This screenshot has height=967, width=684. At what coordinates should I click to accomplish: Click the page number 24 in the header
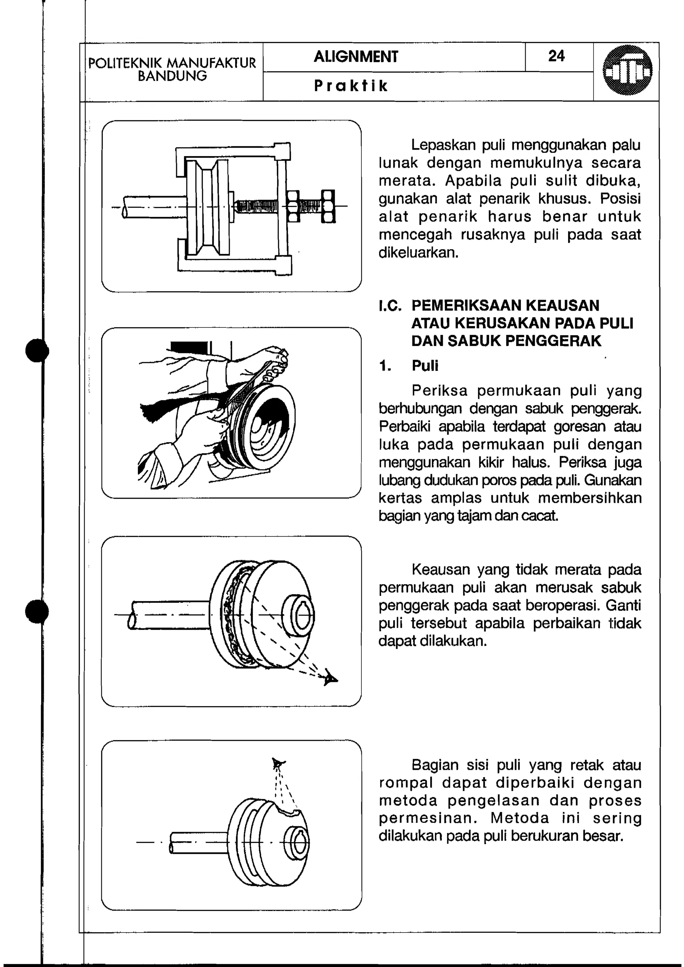556,56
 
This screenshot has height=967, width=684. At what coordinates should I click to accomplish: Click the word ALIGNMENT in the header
356,57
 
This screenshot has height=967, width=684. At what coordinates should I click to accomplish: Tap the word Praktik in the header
350,86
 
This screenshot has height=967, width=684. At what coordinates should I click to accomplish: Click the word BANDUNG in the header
172,76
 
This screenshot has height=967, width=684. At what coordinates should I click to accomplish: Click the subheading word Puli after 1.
425,366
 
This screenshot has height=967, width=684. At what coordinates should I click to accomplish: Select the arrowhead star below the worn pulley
331,678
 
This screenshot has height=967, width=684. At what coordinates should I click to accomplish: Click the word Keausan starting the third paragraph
440,570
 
